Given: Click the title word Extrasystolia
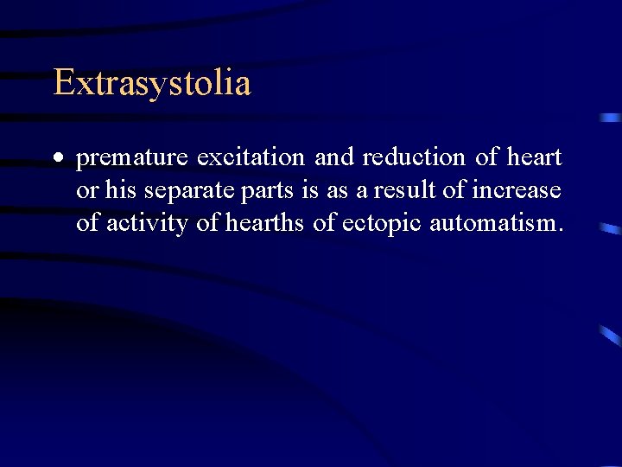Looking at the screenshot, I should [x=152, y=84].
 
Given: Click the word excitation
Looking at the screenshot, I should [x=251, y=157].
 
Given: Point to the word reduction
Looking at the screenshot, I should [x=414, y=157].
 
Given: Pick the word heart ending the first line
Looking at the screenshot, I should [x=534, y=157].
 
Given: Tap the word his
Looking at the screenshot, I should [x=121, y=189].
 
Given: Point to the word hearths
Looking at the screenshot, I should [x=265, y=222].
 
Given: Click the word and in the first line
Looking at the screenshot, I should [x=335, y=157].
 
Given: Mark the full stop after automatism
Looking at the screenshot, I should [x=561, y=230].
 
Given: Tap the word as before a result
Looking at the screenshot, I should [x=336, y=191].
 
